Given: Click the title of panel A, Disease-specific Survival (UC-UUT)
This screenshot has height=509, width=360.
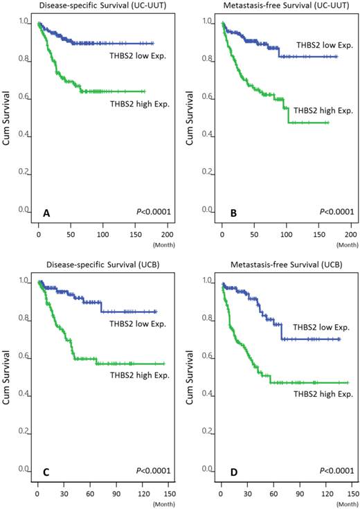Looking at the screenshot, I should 89,7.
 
